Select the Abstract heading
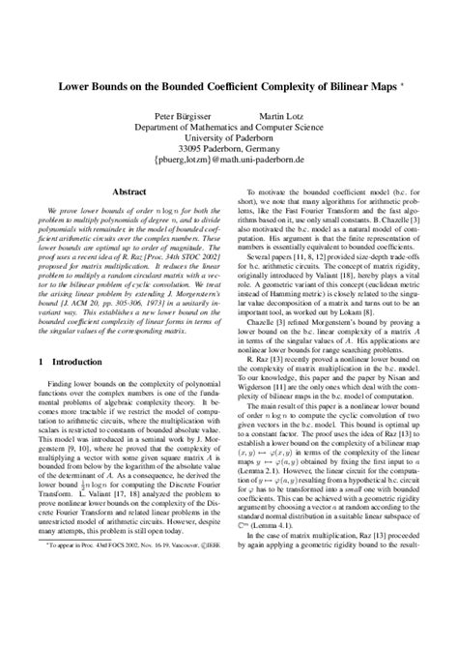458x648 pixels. click(x=129, y=192)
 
